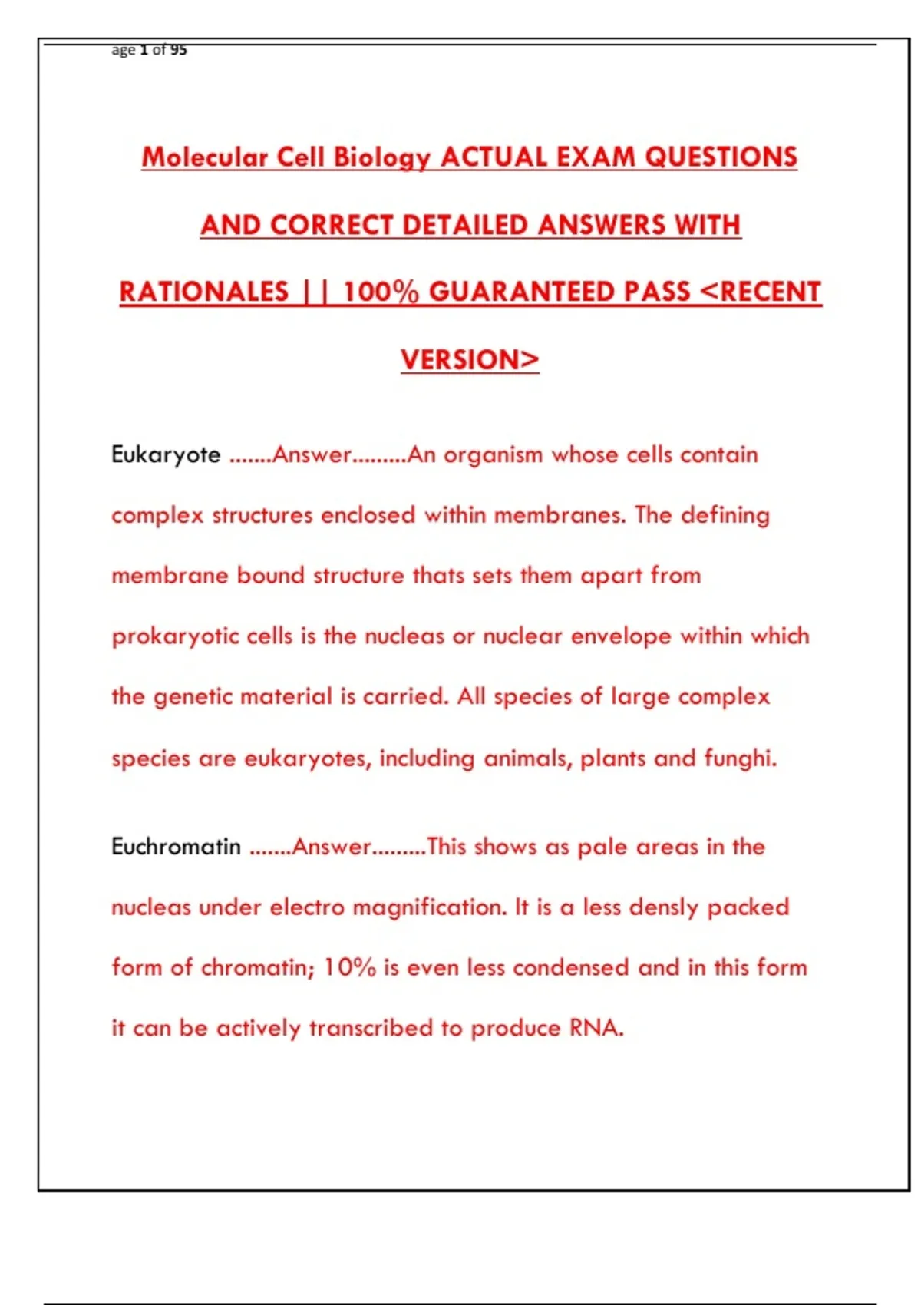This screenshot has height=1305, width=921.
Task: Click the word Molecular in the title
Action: click(x=204, y=157)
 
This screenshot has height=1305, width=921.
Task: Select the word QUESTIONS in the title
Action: click(x=721, y=157)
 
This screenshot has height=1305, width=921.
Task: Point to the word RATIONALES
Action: click(x=204, y=292)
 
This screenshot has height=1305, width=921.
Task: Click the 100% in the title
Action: click(x=381, y=292)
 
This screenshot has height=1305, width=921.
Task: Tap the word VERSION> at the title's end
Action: click(x=470, y=359)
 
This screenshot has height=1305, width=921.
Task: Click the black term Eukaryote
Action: click(x=166, y=454)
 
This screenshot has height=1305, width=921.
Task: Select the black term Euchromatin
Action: click(x=176, y=847)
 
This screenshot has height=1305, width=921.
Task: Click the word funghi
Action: click(x=741, y=758)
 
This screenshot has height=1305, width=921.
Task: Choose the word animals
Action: click(x=528, y=758)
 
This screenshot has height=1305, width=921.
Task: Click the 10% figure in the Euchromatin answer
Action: click(x=349, y=967)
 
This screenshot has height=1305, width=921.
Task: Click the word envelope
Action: click(x=621, y=636)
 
